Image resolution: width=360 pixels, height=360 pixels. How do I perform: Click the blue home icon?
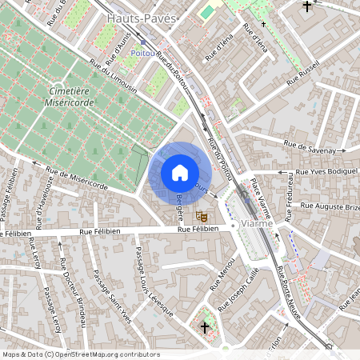click(180, 173)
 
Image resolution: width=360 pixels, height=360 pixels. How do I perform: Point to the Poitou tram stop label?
click(144, 49)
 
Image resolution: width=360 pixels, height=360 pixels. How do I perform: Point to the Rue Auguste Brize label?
click(329, 206)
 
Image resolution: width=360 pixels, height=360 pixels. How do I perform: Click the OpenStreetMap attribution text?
click(80, 354)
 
